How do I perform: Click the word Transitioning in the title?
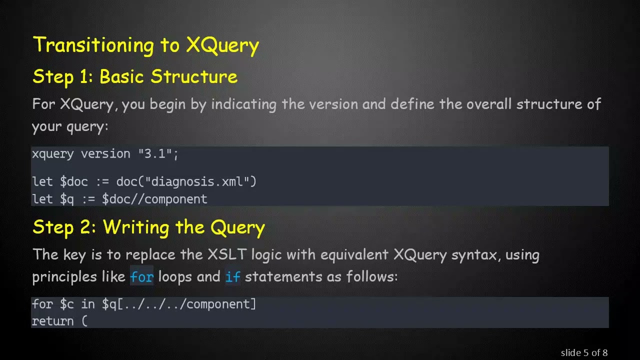(94, 45)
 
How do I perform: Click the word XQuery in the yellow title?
(222, 45)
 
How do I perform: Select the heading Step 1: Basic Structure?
(135, 77)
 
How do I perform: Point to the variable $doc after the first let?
(73, 181)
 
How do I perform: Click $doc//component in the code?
(154, 199)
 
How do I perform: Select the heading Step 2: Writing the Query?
(148, 228)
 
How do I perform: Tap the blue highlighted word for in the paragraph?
(141, 277)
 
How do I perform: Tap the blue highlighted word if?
(232, 277)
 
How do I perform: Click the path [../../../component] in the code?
(186, 304)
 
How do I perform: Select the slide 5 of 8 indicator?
(584, 353)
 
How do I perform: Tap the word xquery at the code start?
(52, 154)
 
